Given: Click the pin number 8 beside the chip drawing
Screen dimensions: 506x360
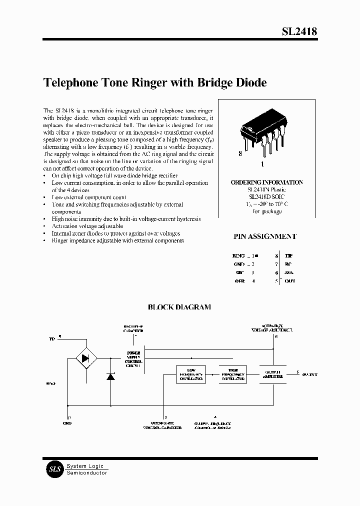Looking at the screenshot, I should (x=240, y=154).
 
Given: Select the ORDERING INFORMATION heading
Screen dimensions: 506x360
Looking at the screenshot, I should (x=266, y=182).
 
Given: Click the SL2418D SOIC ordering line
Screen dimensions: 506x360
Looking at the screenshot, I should (x=266, y=197).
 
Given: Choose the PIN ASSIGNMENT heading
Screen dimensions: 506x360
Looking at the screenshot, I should (x=265, y=236).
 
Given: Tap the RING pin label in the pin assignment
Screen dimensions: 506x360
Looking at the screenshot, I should (x=239, y=255).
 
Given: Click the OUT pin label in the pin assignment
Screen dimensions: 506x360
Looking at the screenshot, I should (x=289, y=281).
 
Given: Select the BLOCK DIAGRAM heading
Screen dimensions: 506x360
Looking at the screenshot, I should (x=179, y=307).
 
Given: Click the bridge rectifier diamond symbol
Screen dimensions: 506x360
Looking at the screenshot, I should (x=86, y=358).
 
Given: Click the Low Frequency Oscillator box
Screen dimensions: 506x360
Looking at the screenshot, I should (x=190, y=374).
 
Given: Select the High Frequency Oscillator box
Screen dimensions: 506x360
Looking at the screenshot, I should (x=233, y=374).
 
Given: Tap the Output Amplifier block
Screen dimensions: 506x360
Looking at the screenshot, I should (x=271, y=373).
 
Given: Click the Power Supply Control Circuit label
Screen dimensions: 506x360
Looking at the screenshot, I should (x=133, y=359).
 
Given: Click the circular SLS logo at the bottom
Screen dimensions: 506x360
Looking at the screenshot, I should (x=52, y=469).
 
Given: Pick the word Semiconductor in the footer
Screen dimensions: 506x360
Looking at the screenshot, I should (x=86, y=472).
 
